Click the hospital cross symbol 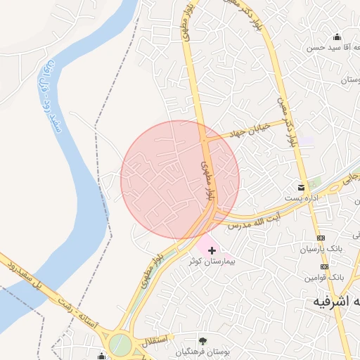coord(212,250)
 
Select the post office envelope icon coord(301,187)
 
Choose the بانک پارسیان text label coord(320,249)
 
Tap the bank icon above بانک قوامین coord(323,266)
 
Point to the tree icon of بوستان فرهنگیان coord(204,340)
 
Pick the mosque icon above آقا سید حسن coord(337,37)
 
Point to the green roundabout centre coord(120,345)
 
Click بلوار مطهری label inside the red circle coord(207,179)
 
